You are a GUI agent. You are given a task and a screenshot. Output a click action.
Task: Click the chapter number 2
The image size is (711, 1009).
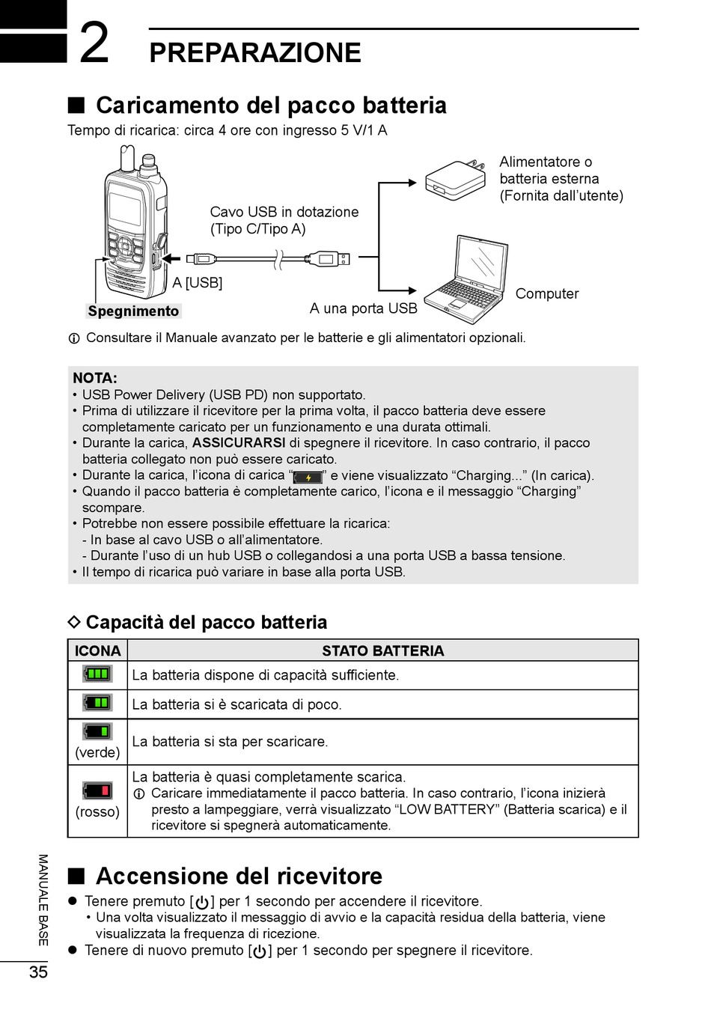[94, 43]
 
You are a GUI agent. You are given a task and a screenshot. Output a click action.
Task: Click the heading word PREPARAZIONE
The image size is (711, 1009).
[254, 53]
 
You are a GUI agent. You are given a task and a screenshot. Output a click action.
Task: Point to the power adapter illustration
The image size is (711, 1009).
[452, 180]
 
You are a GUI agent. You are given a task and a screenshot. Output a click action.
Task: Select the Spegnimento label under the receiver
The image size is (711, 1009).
[133, 311]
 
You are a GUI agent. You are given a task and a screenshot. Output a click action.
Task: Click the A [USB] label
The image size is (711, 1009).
[197, 283]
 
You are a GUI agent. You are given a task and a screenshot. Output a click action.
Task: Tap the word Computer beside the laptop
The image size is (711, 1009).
[546, 293]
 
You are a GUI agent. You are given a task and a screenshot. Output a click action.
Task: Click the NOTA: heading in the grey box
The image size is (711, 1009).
[95, 378]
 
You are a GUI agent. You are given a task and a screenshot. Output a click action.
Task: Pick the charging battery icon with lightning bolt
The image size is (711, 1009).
[308, 477]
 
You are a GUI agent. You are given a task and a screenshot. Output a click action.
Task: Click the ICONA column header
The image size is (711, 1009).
[97, 650]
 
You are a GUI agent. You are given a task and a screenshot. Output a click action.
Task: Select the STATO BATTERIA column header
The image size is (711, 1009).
[382, 650]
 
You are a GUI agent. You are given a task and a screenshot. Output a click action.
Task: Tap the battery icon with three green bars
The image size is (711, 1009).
[97, 674]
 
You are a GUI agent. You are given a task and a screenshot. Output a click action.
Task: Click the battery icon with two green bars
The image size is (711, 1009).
[97, 703]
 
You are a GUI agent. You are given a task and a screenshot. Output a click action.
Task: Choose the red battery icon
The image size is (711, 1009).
[97, 790]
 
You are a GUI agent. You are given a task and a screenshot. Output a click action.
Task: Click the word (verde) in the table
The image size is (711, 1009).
[97, 752]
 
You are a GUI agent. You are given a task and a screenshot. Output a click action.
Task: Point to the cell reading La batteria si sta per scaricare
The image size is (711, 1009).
[230, 742]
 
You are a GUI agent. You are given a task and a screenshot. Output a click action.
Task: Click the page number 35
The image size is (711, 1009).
[38, 972]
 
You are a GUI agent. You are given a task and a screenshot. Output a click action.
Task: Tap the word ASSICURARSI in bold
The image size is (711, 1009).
[239, 443]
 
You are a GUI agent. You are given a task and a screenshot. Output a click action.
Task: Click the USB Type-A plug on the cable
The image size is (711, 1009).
[329, 260]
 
